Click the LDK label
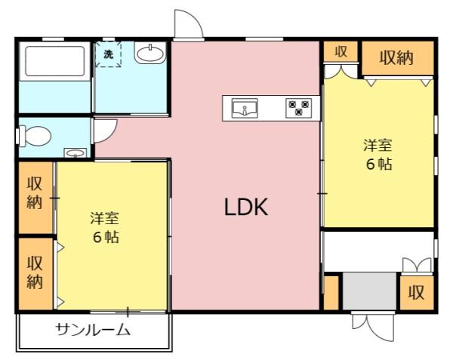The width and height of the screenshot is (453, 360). tap(246, 208)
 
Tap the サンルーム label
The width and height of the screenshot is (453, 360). tap(93, 331)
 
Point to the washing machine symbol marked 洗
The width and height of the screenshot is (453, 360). tap(108, 55)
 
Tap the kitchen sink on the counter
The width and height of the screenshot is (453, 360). tap(245, 108)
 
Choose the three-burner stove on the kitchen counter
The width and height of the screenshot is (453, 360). tap(297, 108)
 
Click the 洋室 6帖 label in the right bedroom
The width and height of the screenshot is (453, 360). tap(378, 154)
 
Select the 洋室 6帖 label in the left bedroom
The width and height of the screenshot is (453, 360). tap(105, 226)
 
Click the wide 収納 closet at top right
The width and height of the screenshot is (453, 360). tap(396, 58)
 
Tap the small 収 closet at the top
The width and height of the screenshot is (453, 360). tap(341, 51)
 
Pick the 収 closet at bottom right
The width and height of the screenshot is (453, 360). tap(416, 293)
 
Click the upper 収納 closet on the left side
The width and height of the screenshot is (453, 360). tap(35, 194)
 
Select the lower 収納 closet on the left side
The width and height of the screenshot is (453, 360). tap(35, 272)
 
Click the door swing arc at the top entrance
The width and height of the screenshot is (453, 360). tap(187, 23)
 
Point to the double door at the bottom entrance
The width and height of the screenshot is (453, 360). tap(371, 325)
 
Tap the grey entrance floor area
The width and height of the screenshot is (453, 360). tap(368, 291)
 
